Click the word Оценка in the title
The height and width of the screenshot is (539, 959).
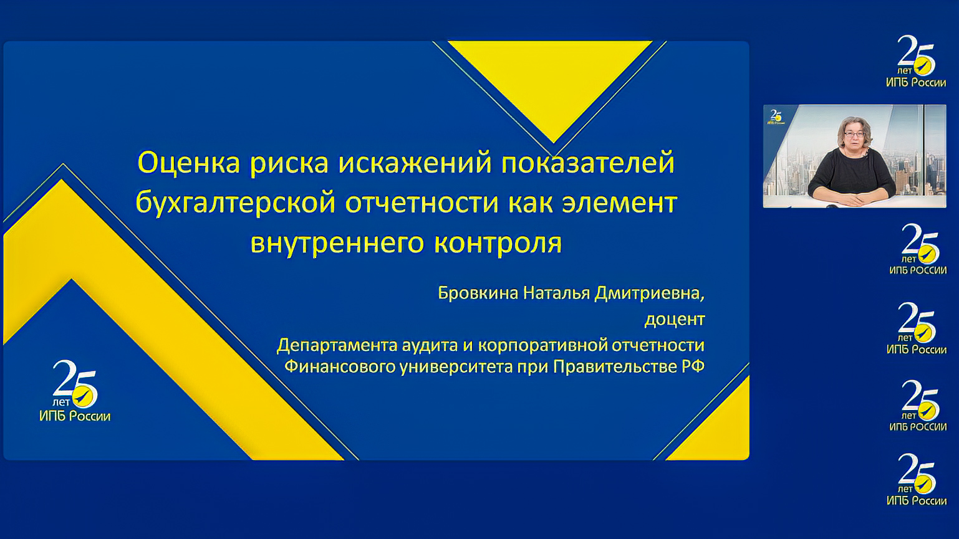pyautogui.click(x=188, y=163)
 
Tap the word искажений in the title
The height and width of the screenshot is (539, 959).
pyautogui.click(x=415, y=163)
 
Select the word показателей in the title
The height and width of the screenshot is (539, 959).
pyautogui.click(x=588, y=163)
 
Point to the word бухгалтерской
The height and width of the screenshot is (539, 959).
pyautogui.click(x=235, y=203)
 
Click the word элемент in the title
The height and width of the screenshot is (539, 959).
pyautogui.click(x=620, y=203)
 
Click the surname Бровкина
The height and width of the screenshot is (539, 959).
pyautogui.click(x=478, y=293)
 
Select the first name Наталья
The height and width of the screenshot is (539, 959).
pyautogui.click(x=557, y=293)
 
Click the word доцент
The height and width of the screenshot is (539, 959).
pyautogui.click(x=675, y=320)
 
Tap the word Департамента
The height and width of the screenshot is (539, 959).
pyautogui.click(x=337, y=345)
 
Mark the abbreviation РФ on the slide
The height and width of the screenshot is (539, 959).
pyautogui.click(x=693, y=366)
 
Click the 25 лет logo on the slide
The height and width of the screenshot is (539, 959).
pyautogui.click(x=75, y=391)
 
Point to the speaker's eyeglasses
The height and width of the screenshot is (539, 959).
pyautogui.click(x=854, y=135)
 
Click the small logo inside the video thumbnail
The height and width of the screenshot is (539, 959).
pyautogui.click(x=776, y=117)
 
